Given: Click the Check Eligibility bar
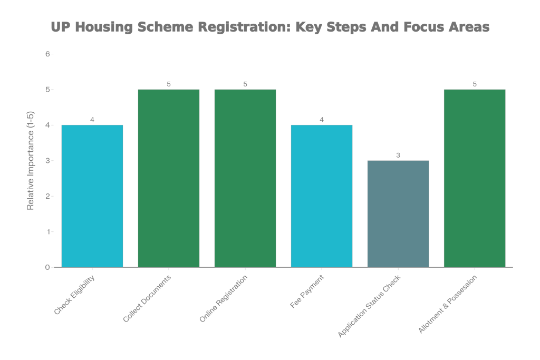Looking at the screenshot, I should (92, 196).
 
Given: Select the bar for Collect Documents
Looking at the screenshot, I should (169, 178).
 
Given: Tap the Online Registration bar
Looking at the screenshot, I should (245, 178).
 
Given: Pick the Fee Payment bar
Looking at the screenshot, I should (322, 196).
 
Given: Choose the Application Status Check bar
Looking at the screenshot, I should (398, 213).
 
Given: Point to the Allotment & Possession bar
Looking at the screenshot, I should (475, 178).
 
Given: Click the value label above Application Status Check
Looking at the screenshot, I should (398, 155).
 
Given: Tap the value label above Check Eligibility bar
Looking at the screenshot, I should (92, 120).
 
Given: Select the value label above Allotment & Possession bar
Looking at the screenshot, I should (475, 84).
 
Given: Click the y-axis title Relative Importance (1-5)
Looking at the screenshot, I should (31, 161).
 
